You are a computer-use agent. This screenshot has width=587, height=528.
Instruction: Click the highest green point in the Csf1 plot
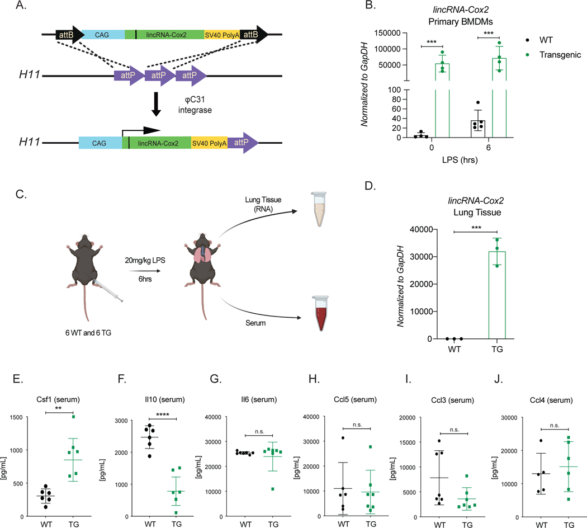[x=72, y=417]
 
